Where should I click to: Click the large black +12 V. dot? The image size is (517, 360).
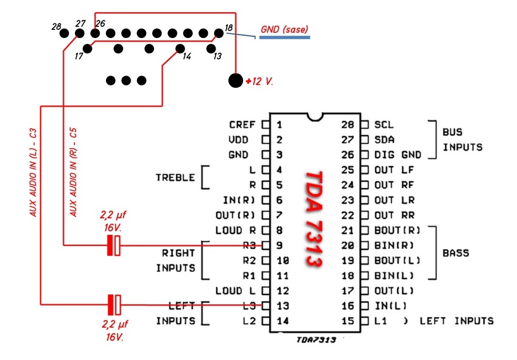click(236, 80)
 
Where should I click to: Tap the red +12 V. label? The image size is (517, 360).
click(259, 81)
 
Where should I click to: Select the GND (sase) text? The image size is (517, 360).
click(284, 29)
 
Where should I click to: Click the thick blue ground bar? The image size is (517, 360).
click(285, 37)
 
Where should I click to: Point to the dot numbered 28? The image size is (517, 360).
click(64, 33)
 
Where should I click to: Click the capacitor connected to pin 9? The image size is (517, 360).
click(114, 245)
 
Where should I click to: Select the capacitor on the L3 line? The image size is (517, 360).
click(114, 305)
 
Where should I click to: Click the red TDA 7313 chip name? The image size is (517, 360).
click(314, 218)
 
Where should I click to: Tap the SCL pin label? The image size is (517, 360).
click(384, 125)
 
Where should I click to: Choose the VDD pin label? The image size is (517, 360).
click(238, 140)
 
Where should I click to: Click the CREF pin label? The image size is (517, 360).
click(242, 125)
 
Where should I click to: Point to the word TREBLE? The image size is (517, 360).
click(176, 177)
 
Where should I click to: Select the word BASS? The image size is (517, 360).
click(456, 253)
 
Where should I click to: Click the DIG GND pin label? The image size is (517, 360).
click(398, 155)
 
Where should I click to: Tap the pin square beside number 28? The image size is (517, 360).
click(365, 125)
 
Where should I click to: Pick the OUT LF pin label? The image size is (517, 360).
click(394, 170)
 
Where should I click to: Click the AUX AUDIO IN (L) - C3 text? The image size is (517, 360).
click(33, 173)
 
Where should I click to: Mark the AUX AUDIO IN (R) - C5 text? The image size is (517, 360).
click(73, 173)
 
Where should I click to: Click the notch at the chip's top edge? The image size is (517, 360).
click(315, 117)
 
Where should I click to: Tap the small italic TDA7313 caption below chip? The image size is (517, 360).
click(316, 340)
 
